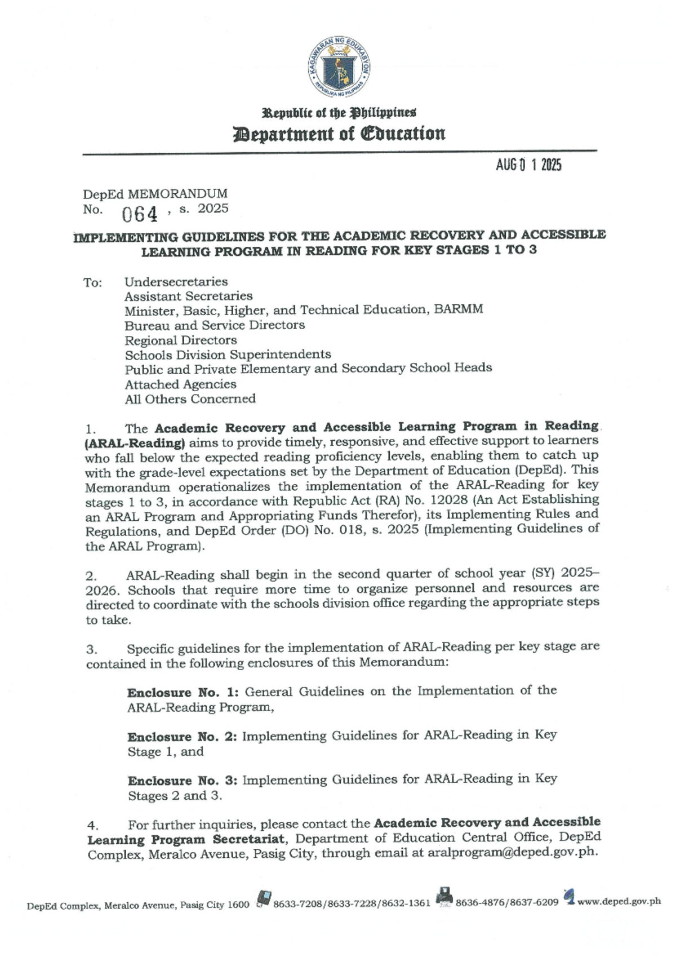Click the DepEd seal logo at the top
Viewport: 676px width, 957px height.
[x=339, y=67]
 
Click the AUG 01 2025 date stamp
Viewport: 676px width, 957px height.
[x=528, y=165]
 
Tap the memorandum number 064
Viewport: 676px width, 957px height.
[x=140, y=214]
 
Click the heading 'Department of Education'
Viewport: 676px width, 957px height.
[x=339, y=134]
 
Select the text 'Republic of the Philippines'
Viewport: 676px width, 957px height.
[x=339, y=113]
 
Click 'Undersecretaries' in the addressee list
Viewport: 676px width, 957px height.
[x=176, y=282]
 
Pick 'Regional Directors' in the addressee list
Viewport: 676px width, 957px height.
[x=180, y=340]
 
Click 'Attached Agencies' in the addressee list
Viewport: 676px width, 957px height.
[x=180, y=384]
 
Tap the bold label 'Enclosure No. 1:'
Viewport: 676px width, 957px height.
[x=183, y=692]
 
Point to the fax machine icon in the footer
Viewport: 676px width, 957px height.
[x=444, y=897]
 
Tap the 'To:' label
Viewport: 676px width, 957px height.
[x=93, y=283]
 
